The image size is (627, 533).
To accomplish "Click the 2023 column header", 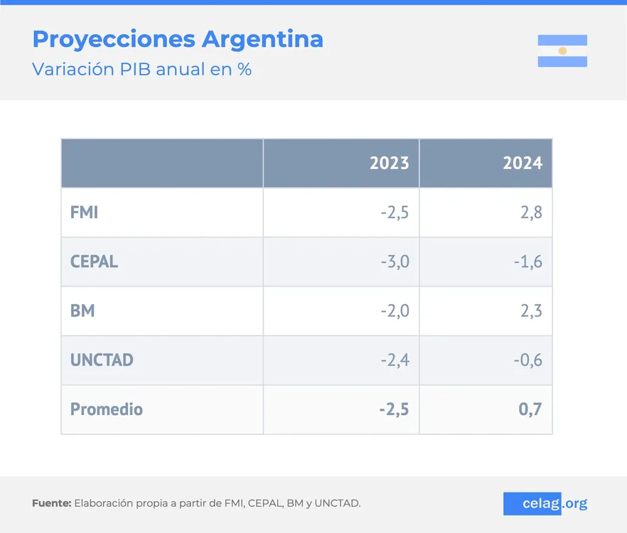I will [389, 163].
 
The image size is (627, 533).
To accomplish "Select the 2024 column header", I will [522, 163].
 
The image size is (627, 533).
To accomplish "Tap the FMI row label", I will [84, 212].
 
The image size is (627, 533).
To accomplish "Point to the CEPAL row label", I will [94, 262].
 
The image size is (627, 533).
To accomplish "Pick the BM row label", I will [82, 311].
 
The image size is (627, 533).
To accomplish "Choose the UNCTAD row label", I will [102, 360].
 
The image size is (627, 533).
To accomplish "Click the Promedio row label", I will [107, 409].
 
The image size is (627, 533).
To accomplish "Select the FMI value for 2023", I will [395, 212].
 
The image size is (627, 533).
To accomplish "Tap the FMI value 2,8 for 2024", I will [531, 212].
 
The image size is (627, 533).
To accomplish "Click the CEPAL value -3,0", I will [395, 262].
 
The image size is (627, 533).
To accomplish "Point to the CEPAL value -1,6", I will [528, 262].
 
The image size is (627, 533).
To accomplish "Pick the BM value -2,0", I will [395, 311].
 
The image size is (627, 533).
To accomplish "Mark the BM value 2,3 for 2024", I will [531, 311].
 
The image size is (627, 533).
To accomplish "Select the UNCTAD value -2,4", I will [395, 360].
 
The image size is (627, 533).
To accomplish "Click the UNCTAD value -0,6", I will [528, 360].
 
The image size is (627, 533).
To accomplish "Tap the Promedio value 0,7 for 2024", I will [531, 409].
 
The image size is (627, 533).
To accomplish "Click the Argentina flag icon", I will [562, 50].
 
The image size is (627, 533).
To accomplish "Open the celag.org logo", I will [545, 504].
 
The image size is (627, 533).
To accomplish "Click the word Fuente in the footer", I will [51, 504].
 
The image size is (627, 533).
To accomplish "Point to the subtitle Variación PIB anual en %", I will [142, 70].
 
